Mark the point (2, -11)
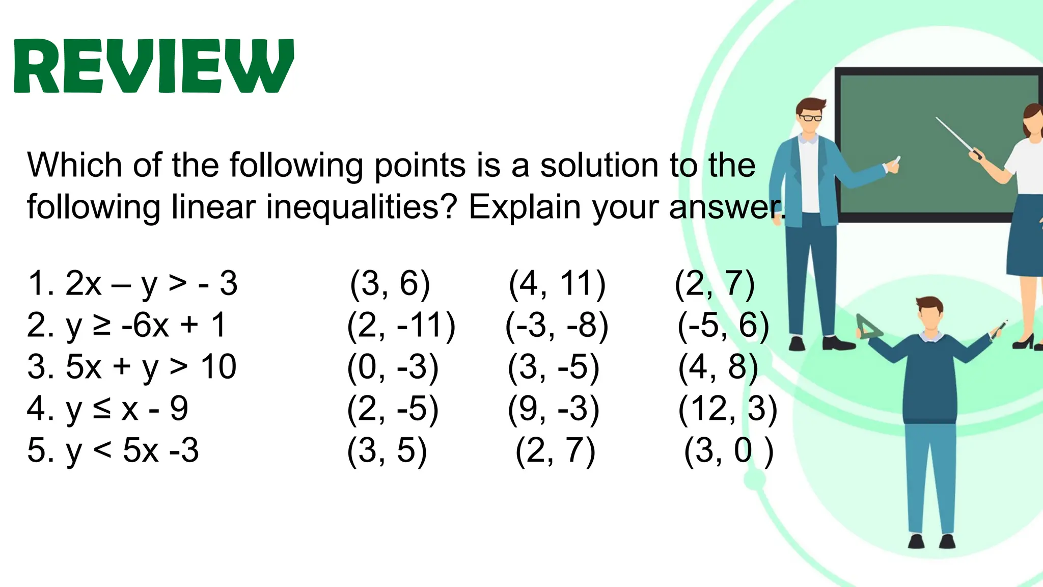(401, 326)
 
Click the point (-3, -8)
(557, 326)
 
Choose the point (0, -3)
(393, 367)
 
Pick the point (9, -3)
(554, 409)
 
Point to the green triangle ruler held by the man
(868, 328)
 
